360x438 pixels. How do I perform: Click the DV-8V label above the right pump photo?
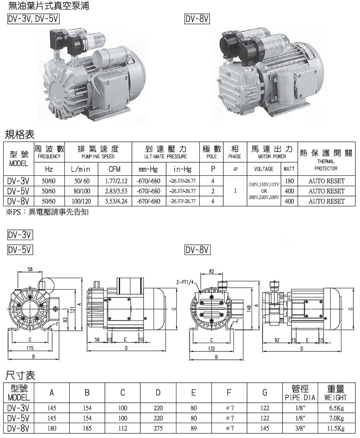[x=197, y=19]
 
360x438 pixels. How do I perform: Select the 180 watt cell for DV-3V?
[x=289, y=181]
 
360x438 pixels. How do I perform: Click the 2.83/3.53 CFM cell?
[x=116, y=192]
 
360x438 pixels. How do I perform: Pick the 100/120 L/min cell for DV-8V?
[x=81, y=201]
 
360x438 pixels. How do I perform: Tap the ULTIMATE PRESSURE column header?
[x=166, y=156]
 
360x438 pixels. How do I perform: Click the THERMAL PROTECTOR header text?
[x=326, y=165]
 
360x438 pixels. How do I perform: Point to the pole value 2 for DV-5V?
[x=213, y=192]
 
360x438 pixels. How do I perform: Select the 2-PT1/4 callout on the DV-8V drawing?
[x=185, y=282]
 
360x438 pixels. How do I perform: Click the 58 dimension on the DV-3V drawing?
[x=30, y=269]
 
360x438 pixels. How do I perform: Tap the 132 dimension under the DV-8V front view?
[x=211, y=349]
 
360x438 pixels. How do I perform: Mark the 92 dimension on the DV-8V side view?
[x=277, y=340]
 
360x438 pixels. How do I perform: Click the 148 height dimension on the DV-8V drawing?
[x=249, y=308]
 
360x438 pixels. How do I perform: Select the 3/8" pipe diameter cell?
[x=300, y=428]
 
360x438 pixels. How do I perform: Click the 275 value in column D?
[x=158, y=428]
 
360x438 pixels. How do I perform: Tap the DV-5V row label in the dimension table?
[x=18, y=418]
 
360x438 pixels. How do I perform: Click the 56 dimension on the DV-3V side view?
[x=97, y=340]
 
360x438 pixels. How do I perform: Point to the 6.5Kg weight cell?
[x=336, y=408]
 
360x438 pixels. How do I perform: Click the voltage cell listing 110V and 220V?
[x=264, y=191]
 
